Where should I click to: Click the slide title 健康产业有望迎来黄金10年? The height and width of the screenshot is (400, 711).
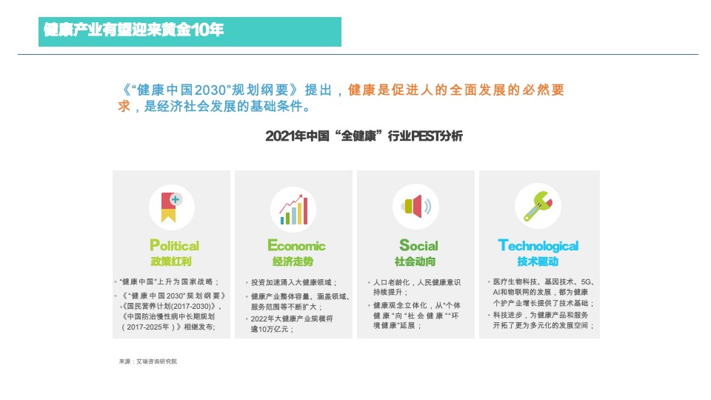pos(134,30)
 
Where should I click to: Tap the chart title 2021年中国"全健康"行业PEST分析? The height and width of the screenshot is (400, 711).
pos(364,136)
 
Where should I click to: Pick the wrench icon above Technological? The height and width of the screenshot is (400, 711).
pos(537,205)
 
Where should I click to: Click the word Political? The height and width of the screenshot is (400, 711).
pos(174,246)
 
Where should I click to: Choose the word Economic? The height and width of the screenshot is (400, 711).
pos(296,246)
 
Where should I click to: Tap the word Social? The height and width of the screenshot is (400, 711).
pos(418,246)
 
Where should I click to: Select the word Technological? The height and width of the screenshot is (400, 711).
pos(538,246)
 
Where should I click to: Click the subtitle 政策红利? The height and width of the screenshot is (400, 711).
pos(171,262)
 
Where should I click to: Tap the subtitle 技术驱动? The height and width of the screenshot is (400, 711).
pos(538,262)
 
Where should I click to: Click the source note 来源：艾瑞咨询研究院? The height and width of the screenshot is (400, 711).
pos(148,361)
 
